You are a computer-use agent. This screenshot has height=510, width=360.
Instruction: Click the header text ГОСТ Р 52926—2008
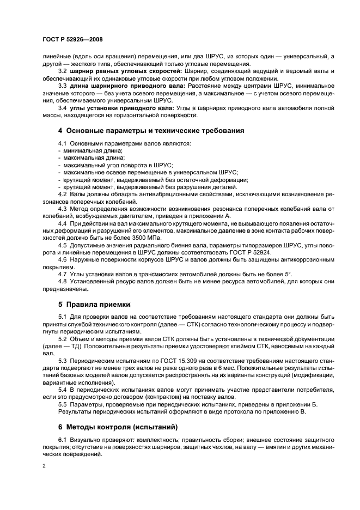tap(72, 40)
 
